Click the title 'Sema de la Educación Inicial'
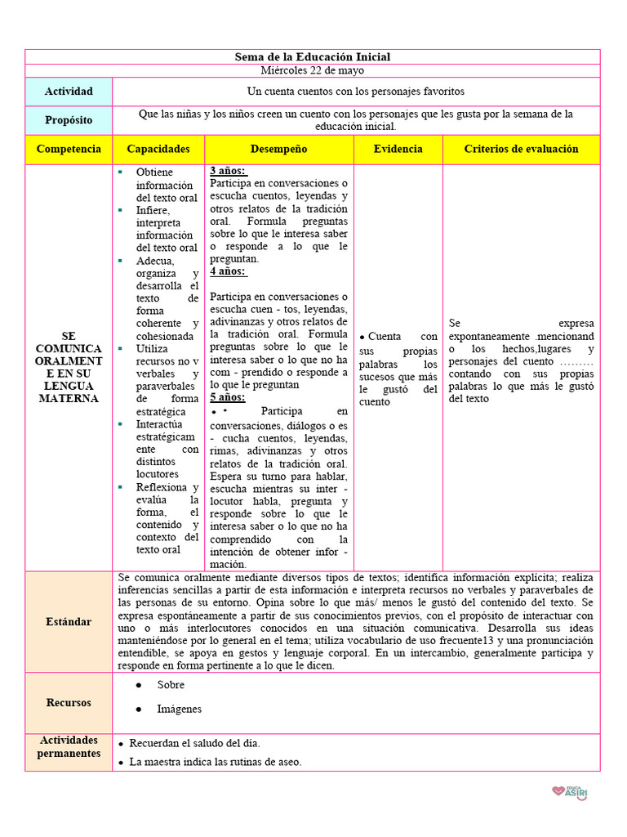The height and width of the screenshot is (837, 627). (x=313, y=56)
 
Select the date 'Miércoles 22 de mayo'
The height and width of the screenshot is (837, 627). (x=313, y=70)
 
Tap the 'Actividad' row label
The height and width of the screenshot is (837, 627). (x=69, y=92)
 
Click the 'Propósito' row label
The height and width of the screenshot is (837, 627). (x=69, y=120)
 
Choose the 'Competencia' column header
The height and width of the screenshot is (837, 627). (x=69, y=149)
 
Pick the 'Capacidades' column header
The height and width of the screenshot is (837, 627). (x=158, y=149)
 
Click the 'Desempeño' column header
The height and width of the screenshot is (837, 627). (x=279, y=149)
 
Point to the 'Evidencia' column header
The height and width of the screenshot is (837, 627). (x=398, y=149)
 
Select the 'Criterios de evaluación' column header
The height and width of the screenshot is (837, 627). (x=521, y=149)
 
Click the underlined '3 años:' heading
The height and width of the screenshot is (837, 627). (x=229, y=171)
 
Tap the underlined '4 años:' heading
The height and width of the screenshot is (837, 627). (x=229, y=271)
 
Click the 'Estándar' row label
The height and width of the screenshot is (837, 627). (x=69, y=622)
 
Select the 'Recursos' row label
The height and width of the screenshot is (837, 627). (x=69, y=703)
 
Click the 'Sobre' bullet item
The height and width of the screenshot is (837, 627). (x=171, y=685)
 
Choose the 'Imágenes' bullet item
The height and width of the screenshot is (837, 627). (x=179, y=709)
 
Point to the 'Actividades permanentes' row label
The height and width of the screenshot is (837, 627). (x=69, y=746)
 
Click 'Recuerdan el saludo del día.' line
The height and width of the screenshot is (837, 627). (x=194, y=743)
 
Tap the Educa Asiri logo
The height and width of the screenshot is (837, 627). (x=571, y=791)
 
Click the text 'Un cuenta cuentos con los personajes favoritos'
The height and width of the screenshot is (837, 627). (x=356, y=92)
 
